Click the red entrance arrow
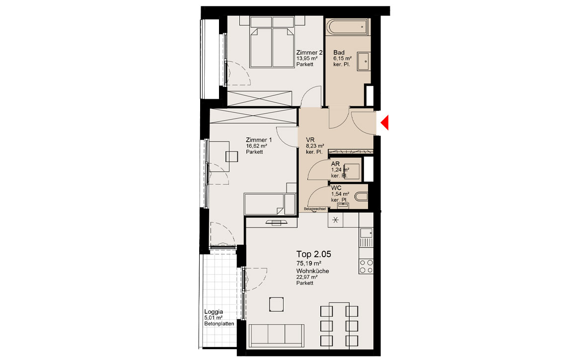[385, 123]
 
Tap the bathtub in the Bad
[348, 27]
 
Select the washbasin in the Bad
[363, 62]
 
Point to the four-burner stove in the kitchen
[366, 266]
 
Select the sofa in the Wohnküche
[277, 336]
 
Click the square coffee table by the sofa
[277, 304]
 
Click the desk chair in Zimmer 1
[232, 157]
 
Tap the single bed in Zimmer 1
[270, 204]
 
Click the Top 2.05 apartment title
[313, 254]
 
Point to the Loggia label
[214, 312]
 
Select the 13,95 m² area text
[306, 59]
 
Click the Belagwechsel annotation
[315, 209]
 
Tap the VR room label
[310, 140]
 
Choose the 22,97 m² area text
[306, 277]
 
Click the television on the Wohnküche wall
[277, 222]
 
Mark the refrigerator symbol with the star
[335, 220]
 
